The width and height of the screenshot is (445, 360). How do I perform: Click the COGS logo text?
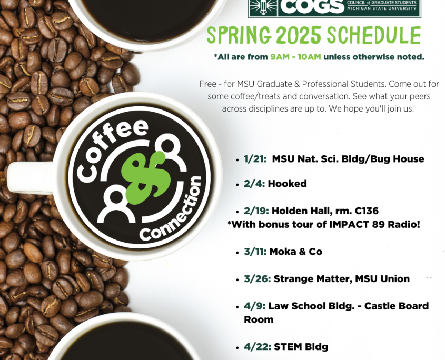312,6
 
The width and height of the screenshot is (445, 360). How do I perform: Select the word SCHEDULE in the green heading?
374,35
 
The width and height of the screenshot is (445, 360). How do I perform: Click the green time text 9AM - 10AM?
295,57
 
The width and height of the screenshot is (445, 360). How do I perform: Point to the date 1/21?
255,159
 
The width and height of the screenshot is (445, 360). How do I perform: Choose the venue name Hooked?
287,184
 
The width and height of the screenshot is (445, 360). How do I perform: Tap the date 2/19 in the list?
256,211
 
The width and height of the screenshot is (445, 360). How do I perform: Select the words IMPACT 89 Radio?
374,224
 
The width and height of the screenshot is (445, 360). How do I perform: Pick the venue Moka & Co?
296,252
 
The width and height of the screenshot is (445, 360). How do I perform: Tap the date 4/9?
254,306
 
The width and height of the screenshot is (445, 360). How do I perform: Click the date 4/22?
258,347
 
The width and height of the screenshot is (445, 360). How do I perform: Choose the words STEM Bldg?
301,347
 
